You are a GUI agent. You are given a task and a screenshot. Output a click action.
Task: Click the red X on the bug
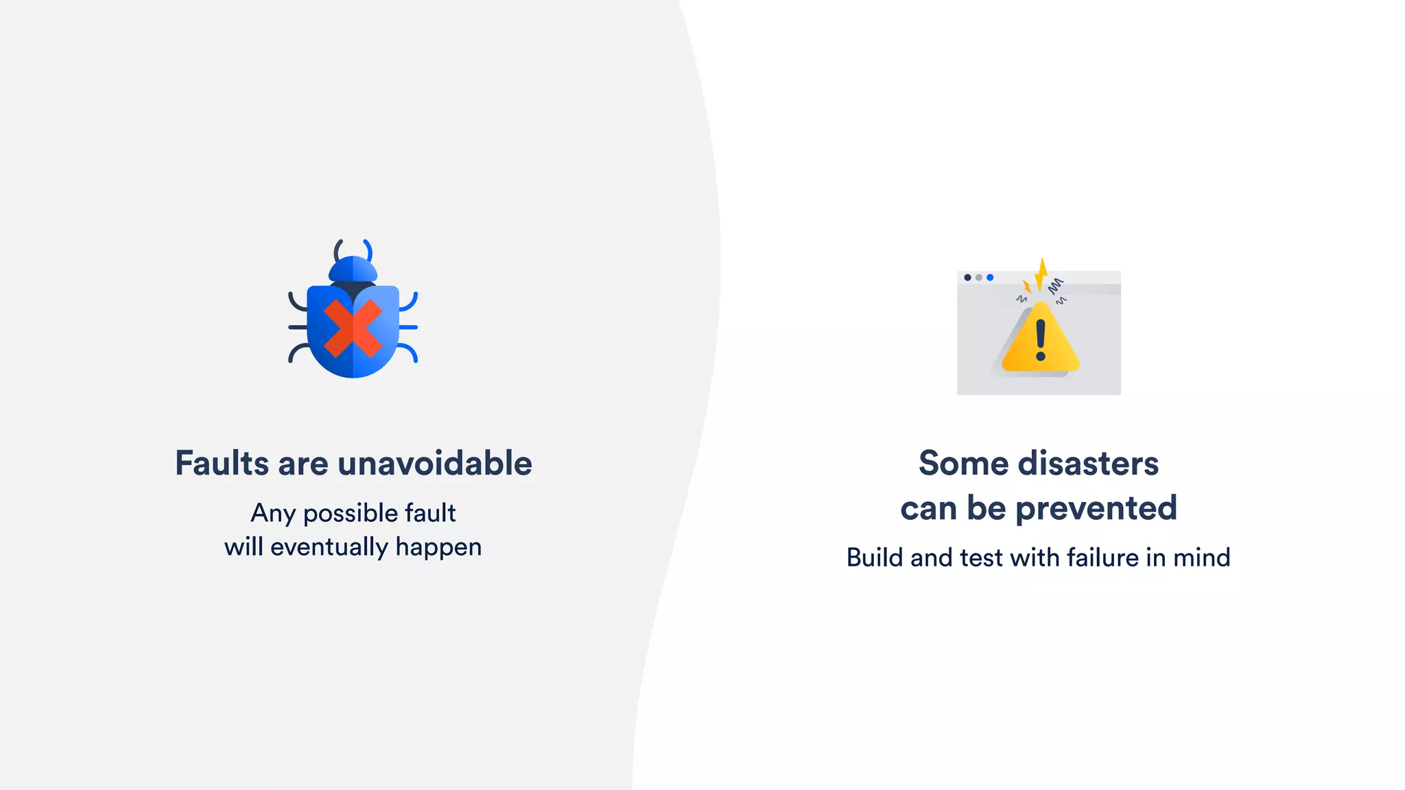click(353, 328)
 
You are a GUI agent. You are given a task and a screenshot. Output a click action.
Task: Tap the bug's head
click(353, 269)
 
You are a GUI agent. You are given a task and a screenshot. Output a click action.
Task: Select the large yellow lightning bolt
click(1041, 275)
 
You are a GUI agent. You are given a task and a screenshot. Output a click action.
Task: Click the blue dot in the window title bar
click(990, 278)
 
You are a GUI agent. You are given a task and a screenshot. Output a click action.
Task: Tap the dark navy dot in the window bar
click(967, 278)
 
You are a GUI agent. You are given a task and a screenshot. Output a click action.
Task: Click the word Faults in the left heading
click(222, 464)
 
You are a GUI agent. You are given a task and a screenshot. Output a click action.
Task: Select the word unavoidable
click(435, 464)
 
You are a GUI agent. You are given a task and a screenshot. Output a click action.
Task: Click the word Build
click(874, 558)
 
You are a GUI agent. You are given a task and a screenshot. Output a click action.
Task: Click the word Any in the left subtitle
click(272, 514)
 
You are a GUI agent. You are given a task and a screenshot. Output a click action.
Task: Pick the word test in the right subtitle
click(982, 558)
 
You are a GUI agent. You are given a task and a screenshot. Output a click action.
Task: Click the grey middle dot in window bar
click(979, 278)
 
